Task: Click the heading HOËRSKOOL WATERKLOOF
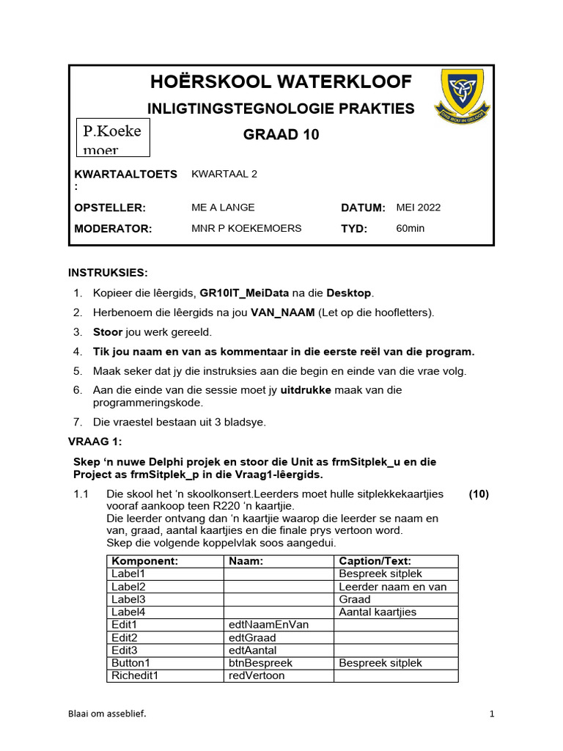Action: [281, 81]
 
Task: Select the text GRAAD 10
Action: [281, 135]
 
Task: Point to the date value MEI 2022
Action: [419, 208]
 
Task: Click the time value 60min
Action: [410, 228]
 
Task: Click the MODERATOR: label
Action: [113, 228]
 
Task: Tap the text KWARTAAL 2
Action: [224, 174]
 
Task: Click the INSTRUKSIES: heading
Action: [108, 273]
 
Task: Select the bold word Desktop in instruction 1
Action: [349, 293]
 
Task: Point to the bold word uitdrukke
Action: [306, 390]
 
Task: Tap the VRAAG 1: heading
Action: [95, 442]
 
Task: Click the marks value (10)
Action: [479, 494]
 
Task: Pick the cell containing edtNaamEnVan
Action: [269, 625]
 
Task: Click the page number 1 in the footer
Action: [492, 714]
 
